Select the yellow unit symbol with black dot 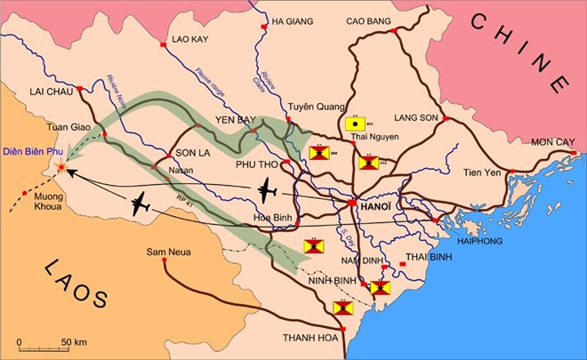pyautogui.click(x=354, y=124)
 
